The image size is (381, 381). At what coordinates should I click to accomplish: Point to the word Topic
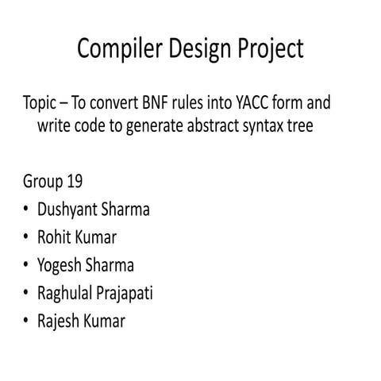(44, 104)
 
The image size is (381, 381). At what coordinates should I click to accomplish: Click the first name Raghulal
(67, 293)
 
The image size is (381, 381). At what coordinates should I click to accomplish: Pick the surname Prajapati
(125, 293)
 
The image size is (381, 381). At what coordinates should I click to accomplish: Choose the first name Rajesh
(59, 321)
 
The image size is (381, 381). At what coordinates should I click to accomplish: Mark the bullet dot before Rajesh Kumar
(27, 321)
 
